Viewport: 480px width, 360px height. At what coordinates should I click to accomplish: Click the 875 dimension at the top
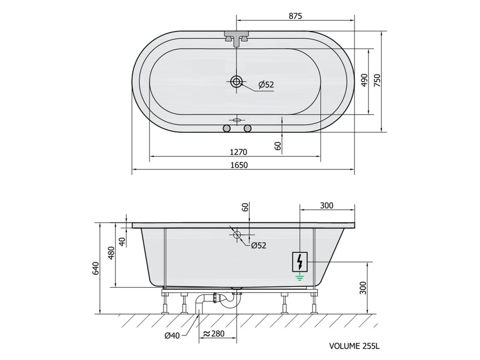pyautogui.click(x=295, y=16)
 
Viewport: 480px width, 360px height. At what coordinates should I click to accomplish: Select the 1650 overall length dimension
pyautogui.click(x=239, y=165)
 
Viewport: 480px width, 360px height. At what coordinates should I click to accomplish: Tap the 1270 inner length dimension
pyautogui.click(x=239, y=152)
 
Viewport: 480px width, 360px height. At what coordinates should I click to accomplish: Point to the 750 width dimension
pyautogui.click(x=377, y=81)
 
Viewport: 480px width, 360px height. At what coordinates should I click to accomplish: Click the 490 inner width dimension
pyautogui.click(x=364, y=80)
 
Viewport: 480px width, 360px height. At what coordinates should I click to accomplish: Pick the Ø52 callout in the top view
pyautogui.click(x=266, y=84)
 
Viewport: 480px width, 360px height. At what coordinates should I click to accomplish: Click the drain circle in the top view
pyautogui.click(x=236, y=82)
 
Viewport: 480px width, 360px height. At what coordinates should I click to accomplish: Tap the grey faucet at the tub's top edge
pyautogui.click(x=237, y=38)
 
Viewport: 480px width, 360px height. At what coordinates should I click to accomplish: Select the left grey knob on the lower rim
pyautogui.click(x=226, y=128)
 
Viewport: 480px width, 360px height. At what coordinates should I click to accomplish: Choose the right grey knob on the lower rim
pyautogui.click(x=247, y=128)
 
